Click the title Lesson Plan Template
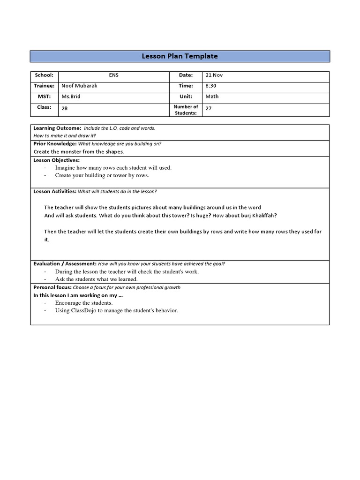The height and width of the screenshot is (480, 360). coord(180,56)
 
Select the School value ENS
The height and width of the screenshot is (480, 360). coord(113,75)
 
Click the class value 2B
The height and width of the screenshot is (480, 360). coord(65,108)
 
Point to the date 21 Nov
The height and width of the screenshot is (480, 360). coord(213,75)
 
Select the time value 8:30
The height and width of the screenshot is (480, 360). coord(210,86)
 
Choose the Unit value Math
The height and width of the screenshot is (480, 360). coord(212,97)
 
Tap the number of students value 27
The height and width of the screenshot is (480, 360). coord(209,108)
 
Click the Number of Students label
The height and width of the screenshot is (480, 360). coord(186,110)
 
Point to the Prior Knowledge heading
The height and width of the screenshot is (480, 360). coord(55,143)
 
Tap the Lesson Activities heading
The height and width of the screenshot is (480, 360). coord(54,191)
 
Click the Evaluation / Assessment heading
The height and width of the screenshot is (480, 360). coord(65,264)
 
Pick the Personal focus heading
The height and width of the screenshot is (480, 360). coord(52,287)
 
